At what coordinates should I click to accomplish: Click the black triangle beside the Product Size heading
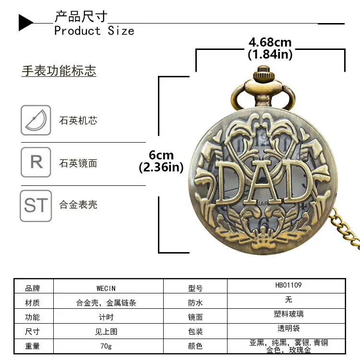[x=25, y=23]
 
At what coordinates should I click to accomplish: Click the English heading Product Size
[x=94, y=31]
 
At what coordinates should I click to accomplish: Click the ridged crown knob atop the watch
[x=264, y=73]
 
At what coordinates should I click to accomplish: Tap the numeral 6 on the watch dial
[x=264, y=223]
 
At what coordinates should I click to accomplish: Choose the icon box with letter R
[x=36, y=162]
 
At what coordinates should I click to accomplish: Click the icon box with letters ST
[x=36, y=206]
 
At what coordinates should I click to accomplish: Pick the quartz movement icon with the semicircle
[x=36, y=120]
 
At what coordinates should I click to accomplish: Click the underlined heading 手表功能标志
[x=59, y=71]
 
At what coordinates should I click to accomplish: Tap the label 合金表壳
[x=78, y=205]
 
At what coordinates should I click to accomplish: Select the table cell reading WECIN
[x=106, y=288]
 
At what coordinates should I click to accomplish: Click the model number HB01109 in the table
[x=288, y=285]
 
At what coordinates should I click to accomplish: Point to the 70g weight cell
[x=106, y=346]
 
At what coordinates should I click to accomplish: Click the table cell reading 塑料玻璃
[x=288, y=314]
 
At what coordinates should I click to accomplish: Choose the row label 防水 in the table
[x=195, y=303]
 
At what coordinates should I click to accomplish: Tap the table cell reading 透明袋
[x=288, y=328]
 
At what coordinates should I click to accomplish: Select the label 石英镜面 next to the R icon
[x=78, y=163]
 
